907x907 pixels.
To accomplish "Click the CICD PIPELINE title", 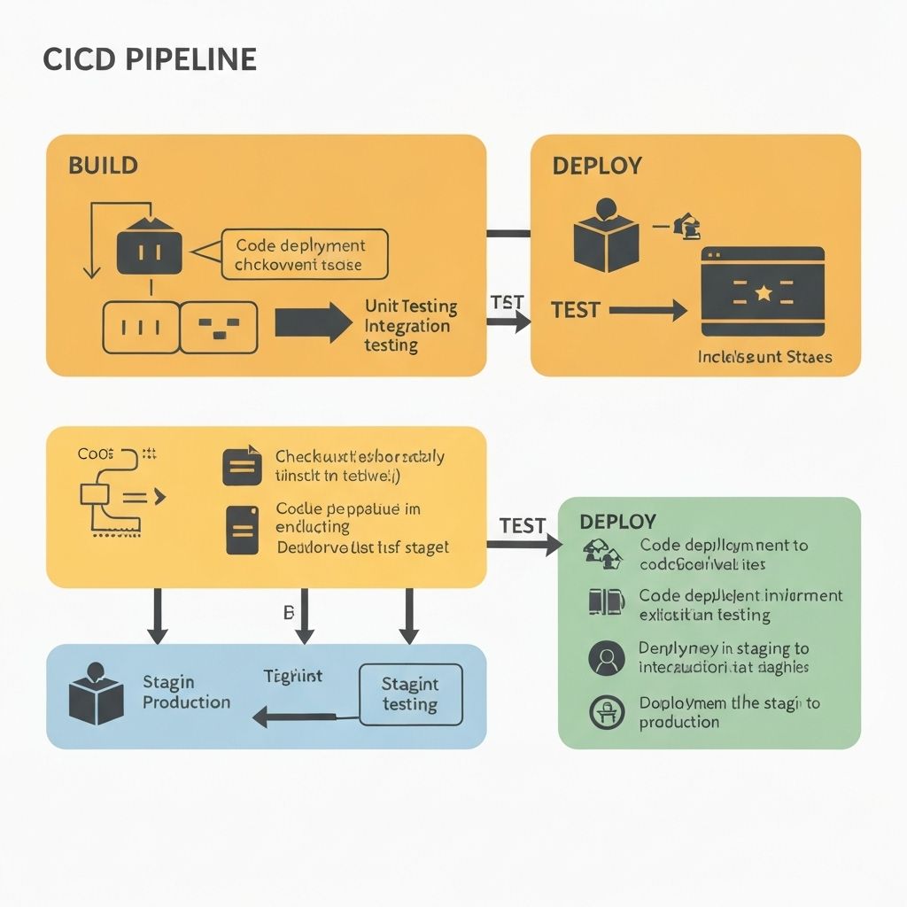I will coord(150,59).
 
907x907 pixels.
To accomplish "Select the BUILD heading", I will coord(103,166).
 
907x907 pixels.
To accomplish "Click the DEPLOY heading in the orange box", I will coord(597,166).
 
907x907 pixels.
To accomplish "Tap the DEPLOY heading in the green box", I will coord(617,521).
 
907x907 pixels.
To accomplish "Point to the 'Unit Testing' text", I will coord(411,306).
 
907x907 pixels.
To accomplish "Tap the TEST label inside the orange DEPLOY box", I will coord(576,310).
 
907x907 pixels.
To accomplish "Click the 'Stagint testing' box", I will coord(410,694).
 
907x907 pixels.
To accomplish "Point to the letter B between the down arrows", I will coord(288,612).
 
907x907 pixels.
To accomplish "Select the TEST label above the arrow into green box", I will coord(523,525).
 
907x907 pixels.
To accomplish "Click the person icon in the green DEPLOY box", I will coord(606,658).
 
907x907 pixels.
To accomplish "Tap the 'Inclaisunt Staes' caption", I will coord(765,357).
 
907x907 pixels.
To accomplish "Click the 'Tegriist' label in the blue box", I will coord(293,676).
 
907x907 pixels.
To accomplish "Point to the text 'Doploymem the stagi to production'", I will coord(729,712).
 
